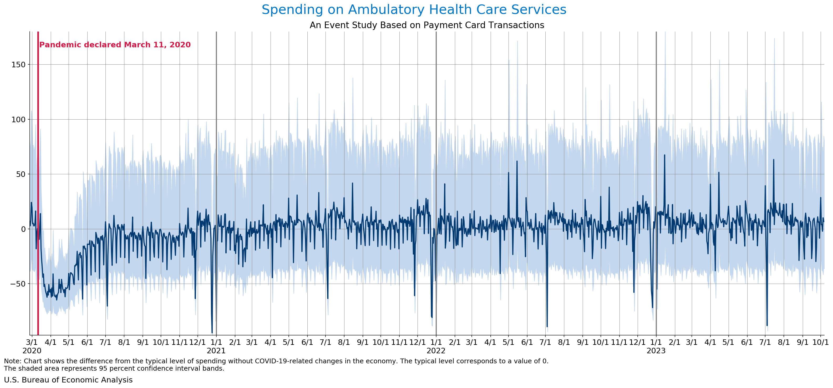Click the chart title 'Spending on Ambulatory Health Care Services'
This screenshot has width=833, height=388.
[x=414, y=10]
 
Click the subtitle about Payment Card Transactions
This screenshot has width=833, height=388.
[x=427, y=25]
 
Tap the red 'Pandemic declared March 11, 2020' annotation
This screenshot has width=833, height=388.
[x=115, y=45]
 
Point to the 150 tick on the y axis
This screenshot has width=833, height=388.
[x=18, y=65]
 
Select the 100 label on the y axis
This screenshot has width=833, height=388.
[x=18, y=120]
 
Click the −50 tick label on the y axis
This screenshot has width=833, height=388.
[x=17, y=284]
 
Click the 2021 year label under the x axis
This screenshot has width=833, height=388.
[x=216, y=351]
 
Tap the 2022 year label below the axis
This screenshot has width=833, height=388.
[x=436, y=351]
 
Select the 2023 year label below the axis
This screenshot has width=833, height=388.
[x=656, y=351]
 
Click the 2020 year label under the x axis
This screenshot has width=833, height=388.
[x=32, y=351]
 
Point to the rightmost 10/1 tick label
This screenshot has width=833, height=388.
[x=820, y=342]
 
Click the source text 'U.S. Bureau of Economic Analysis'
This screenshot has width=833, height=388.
[x=68, y=380]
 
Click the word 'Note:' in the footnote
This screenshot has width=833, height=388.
[x=13, y=361]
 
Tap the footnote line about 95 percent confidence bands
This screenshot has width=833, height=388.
[x=114, y=369]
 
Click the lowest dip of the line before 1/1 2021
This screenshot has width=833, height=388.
[x=212, y=332]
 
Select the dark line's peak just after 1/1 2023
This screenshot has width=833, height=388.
[x=664, y=155]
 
